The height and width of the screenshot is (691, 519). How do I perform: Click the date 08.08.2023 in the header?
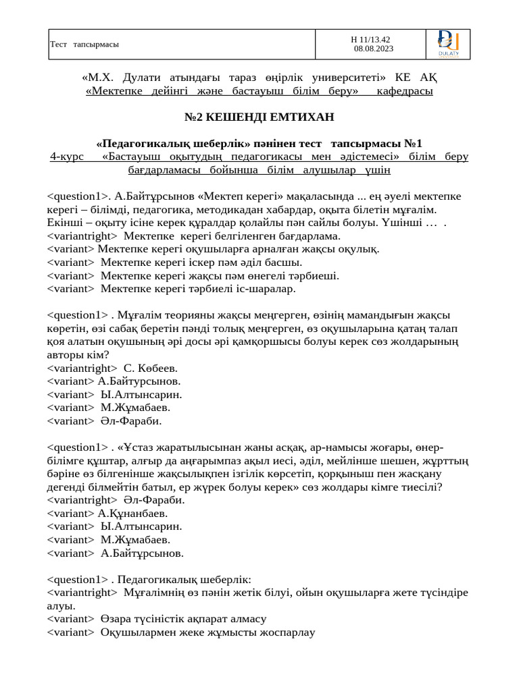(374, 49)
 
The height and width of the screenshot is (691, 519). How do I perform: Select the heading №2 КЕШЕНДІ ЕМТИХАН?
(259, 117)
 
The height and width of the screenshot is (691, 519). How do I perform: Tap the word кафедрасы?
(405, 90)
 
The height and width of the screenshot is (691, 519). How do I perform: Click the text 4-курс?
(67, 157)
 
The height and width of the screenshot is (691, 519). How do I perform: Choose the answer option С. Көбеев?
(151, 368)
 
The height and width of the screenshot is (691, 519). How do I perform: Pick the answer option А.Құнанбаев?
(133, 514)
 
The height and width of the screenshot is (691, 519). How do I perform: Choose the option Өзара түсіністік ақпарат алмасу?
(183, 619)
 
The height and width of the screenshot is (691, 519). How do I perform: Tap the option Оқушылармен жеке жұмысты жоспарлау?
(208, 632)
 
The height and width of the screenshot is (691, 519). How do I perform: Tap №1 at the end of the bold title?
(413, 143)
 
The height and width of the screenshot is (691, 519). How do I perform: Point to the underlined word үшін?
(377, 170)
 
